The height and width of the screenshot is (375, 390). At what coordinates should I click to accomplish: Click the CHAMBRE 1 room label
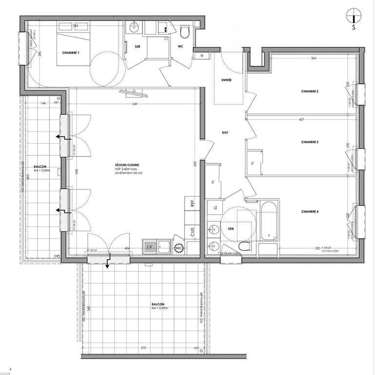[71, 53]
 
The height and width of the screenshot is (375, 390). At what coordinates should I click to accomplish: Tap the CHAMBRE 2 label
[310, 92]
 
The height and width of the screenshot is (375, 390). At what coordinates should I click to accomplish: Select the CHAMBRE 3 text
[310, 142]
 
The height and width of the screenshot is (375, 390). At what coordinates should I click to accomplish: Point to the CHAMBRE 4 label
[310, 211]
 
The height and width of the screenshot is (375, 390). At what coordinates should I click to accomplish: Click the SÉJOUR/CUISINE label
[127, 166]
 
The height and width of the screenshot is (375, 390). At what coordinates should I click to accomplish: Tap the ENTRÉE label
[227, 80]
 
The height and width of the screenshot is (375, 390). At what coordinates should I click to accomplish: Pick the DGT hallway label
[225, 132]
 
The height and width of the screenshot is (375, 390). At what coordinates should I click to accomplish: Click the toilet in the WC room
[184, 33]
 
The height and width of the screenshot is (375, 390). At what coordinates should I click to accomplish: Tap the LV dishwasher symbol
[150, 247]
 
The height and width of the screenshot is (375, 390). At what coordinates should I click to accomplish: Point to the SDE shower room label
[138, 46]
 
